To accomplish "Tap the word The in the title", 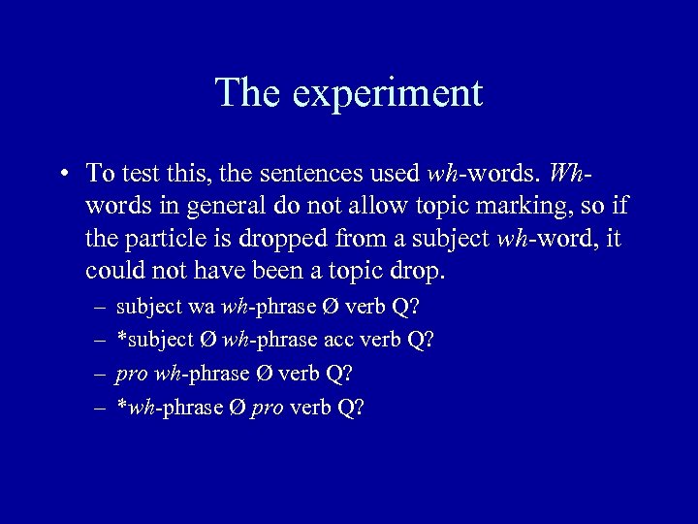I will coord(248,93).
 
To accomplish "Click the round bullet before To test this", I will coord(62,175).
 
